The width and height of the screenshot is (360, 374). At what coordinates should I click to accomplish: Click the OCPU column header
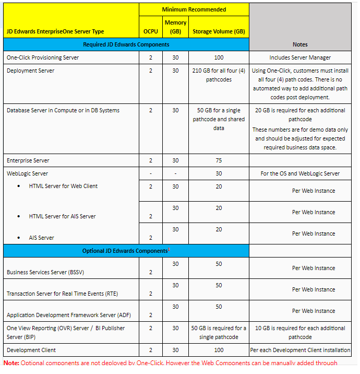click(151, 31)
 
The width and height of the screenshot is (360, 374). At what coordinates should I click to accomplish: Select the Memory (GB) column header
click(175, 27)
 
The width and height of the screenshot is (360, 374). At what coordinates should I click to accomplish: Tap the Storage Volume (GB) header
click(219, 31)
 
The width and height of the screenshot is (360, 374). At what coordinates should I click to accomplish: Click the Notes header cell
click(300, 44)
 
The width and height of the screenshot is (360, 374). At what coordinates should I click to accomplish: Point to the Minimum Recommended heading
click(194, 9)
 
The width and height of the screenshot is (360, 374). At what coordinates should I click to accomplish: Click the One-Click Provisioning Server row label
click(43, 57)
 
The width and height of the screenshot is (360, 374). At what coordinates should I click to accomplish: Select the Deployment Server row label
click(30, 71)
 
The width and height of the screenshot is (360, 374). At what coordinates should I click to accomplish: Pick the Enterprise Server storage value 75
click(219, 160)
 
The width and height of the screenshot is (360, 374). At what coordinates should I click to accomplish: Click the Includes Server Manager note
click(300, 57)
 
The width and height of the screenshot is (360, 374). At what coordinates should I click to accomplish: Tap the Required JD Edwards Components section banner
click(126, 44)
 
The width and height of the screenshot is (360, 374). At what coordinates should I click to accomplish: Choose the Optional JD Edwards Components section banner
click(125, 251)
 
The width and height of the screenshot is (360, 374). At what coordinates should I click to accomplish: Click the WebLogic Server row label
click(27, 173)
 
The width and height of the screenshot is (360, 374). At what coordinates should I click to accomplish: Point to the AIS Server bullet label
click(42, 238)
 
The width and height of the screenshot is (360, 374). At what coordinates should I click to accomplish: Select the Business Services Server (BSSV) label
click(44, 272)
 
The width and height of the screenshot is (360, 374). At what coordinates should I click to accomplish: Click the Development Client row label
click(31, 350)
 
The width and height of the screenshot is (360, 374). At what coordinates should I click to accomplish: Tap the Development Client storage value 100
click(219, 350)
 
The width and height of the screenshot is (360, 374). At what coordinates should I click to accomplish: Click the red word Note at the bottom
click(11, 363)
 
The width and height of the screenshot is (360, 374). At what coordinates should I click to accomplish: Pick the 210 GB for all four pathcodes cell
click(219, 75)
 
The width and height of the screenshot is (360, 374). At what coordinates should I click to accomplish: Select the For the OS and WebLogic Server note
click(300, 173)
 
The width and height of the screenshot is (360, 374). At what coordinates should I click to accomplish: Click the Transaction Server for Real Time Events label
click(62, 294)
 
